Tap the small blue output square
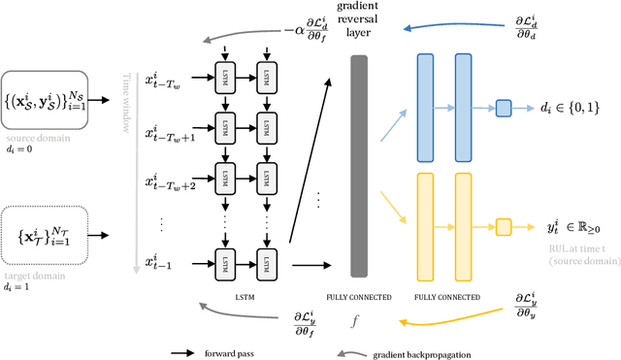(503, 109)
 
